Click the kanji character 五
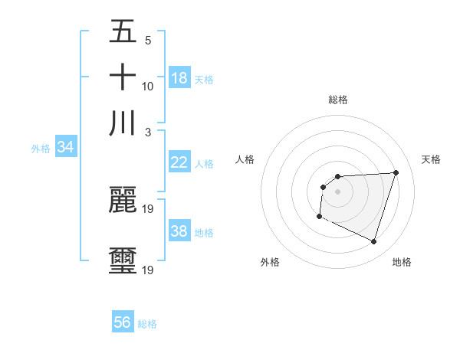point(123,32)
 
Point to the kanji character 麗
point(123,200)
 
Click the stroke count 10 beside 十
point(148,86)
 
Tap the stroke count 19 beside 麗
point(149,208)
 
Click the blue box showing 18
point(179,77)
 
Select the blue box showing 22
point(179,162)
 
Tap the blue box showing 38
point(179,231)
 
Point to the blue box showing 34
point(65,147)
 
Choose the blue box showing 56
point(123,322)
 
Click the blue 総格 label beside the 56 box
point(147,324)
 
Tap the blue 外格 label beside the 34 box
point(40,149)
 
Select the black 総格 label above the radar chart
point(337,100)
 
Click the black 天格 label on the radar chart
point(431,159)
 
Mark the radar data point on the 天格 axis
point(396,172)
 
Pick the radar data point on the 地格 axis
point(373,241)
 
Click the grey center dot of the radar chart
point(337,191)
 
